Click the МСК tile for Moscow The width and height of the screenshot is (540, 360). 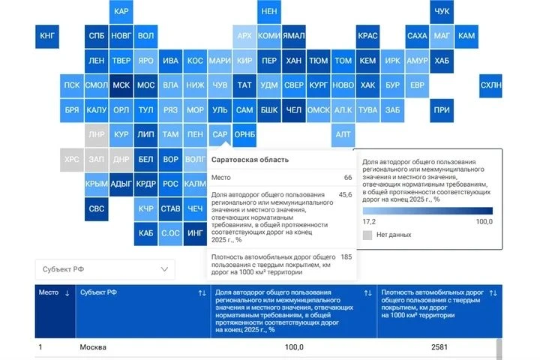[121, 85]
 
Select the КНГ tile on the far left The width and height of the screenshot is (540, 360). [47, 36]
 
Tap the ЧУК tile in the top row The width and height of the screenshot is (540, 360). [442, 11]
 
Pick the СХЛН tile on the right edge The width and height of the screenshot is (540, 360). [490, 85]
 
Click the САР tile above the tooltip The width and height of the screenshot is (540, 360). [220, 135]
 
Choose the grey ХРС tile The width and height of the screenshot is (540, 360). [72, 160]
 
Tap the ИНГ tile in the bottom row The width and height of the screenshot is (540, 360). [195, 233]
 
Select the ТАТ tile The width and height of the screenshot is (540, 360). [244, 85]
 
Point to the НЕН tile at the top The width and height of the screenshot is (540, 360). [269, 11]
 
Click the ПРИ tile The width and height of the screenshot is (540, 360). [442, 110]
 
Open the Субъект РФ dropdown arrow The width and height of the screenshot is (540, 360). [164, 269]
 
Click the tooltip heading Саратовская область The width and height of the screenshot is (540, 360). [250, 160]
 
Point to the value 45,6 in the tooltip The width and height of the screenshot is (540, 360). [346, 195]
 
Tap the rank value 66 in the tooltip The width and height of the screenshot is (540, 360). [348, 178]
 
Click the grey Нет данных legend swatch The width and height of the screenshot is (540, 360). [367, 235]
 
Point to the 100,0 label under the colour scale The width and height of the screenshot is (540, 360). [484, 221]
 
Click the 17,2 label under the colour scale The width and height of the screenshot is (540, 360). [369, 221]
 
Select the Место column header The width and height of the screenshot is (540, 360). [49, 292]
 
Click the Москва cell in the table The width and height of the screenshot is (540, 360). [93, 347]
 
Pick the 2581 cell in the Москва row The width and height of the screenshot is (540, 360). [439, 347]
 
